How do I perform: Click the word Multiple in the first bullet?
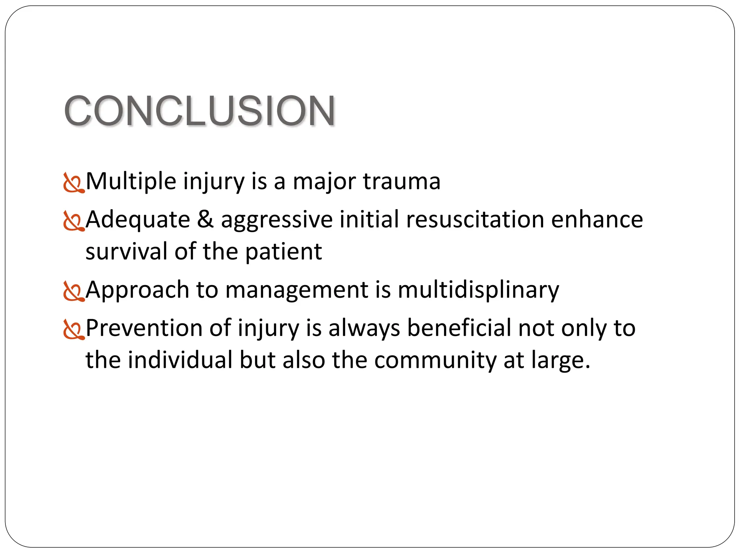131,181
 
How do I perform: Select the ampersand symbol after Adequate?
205,219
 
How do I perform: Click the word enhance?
597,219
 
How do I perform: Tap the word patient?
283,251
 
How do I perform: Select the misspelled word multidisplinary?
478,290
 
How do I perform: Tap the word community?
435,360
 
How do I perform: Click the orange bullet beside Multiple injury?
73,183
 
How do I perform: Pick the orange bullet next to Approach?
73,291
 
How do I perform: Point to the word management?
297,290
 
